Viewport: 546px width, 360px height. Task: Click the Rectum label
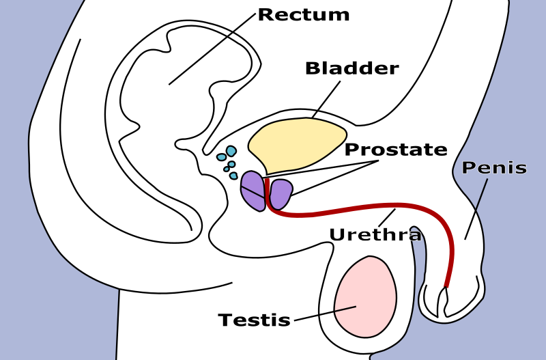(x=303, y=15)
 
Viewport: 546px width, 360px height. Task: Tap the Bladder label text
(x=351, y=69)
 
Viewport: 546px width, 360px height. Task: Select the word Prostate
(x=396, y=150)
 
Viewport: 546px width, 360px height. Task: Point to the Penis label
(x=494, y=168)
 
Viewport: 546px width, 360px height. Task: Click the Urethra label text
(x=375, y=235)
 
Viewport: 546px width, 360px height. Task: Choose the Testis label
(x=254, y=320)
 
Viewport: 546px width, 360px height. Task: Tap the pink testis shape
(x=365, y=297)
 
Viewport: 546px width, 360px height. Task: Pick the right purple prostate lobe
(x=281, y=193)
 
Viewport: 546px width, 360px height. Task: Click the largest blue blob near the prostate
(x=231, y=151)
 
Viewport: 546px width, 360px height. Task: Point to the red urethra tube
(x=355, y=208)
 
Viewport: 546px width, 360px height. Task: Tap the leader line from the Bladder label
(x=326, y=100)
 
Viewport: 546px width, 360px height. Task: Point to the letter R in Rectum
(x=265, y=15)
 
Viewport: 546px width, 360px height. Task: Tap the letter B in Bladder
(x=312, y=69)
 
